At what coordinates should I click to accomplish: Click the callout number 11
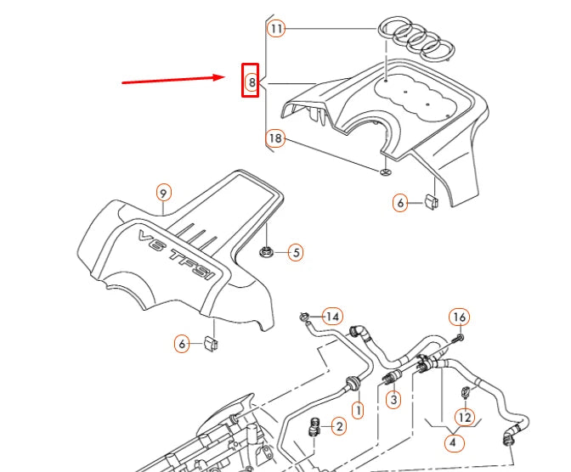pos(276,28)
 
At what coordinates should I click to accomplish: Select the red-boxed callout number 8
pos(251,82)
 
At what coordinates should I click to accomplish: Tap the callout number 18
pos(275,138)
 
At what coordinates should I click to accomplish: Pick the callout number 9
pos(164,193)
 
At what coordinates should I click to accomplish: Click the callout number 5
pos(295,252)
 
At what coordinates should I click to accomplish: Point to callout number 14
pos(333,317)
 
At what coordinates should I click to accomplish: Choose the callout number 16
pos(459,317)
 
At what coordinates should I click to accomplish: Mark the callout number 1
pos(358,411)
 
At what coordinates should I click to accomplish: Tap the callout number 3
pos(393,398)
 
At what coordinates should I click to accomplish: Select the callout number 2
pos(339,426)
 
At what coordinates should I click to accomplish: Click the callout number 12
pos(463,417)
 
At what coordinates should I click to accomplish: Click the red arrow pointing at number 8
pos(174,79)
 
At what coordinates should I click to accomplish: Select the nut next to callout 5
pos(267,250)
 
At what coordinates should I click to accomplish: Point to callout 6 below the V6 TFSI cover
pos(182,344)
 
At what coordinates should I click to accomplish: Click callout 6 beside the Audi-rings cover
pos(400,203)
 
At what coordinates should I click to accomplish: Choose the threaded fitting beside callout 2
pos(315,426)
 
